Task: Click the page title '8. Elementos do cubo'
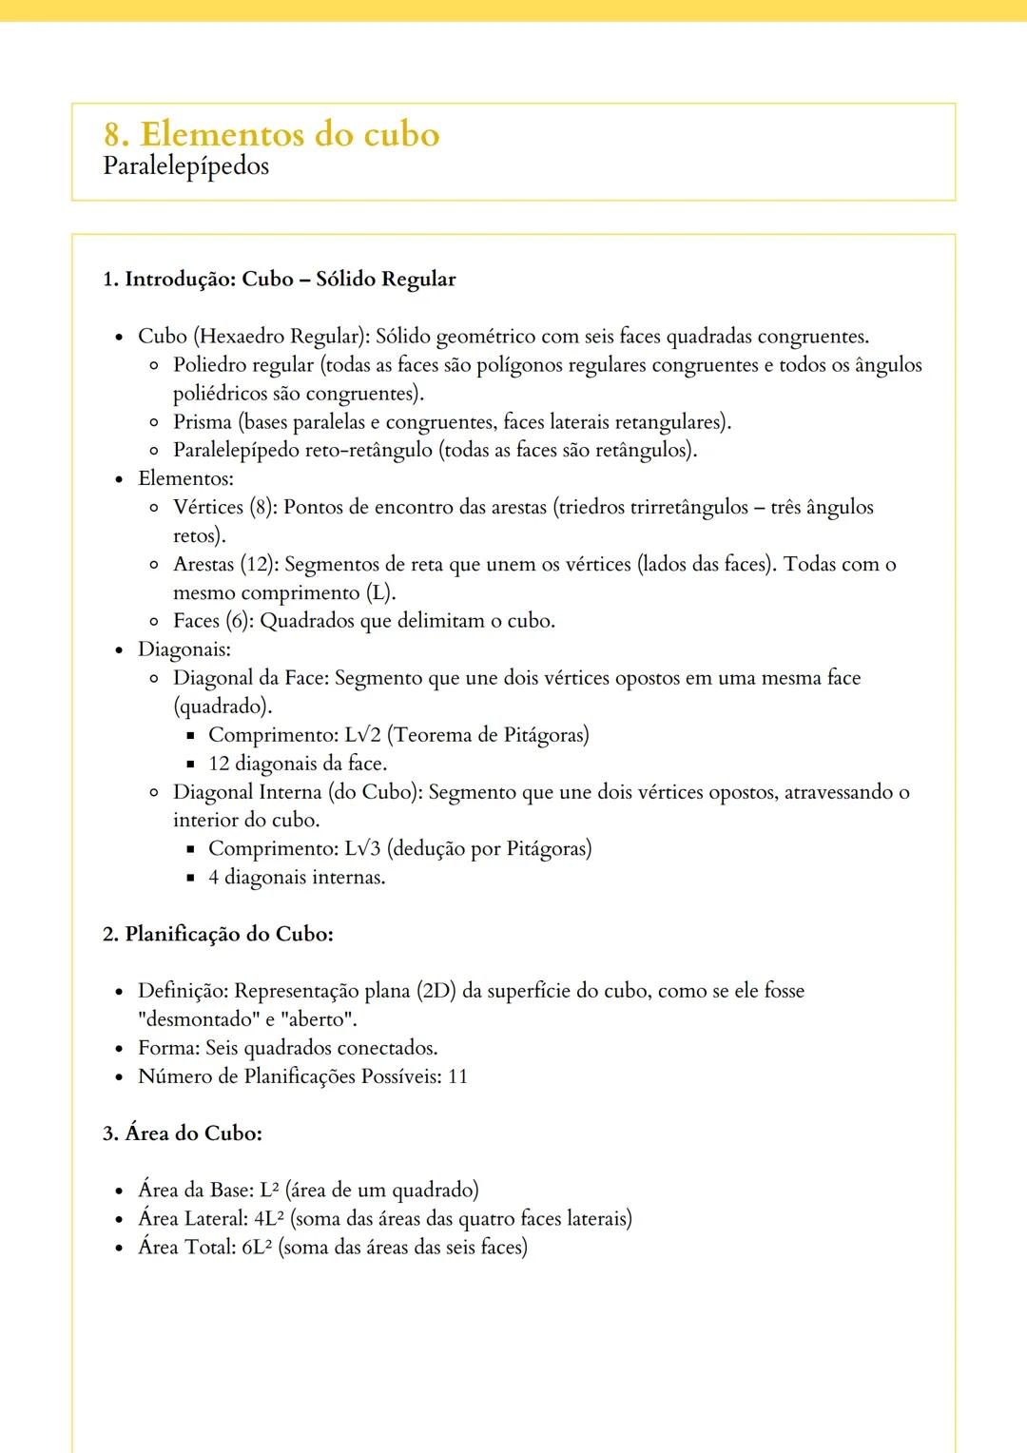tap(271, 134)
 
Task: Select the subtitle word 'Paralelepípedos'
tap(185, 166)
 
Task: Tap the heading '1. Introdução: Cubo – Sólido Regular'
tap(279, 280)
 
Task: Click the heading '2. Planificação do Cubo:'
tap(218, 934)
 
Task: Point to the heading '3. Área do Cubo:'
tap(183, 1133)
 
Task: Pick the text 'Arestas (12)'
tap(225, 565)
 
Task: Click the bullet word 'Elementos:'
tap(185, 479)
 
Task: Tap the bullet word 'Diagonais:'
tap(184, 649)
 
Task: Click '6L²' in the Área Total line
tap(257, 1248)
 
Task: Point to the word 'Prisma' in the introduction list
tap(202, 422)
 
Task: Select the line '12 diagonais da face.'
tap(297, 764)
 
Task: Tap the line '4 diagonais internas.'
tap(297, 878)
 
